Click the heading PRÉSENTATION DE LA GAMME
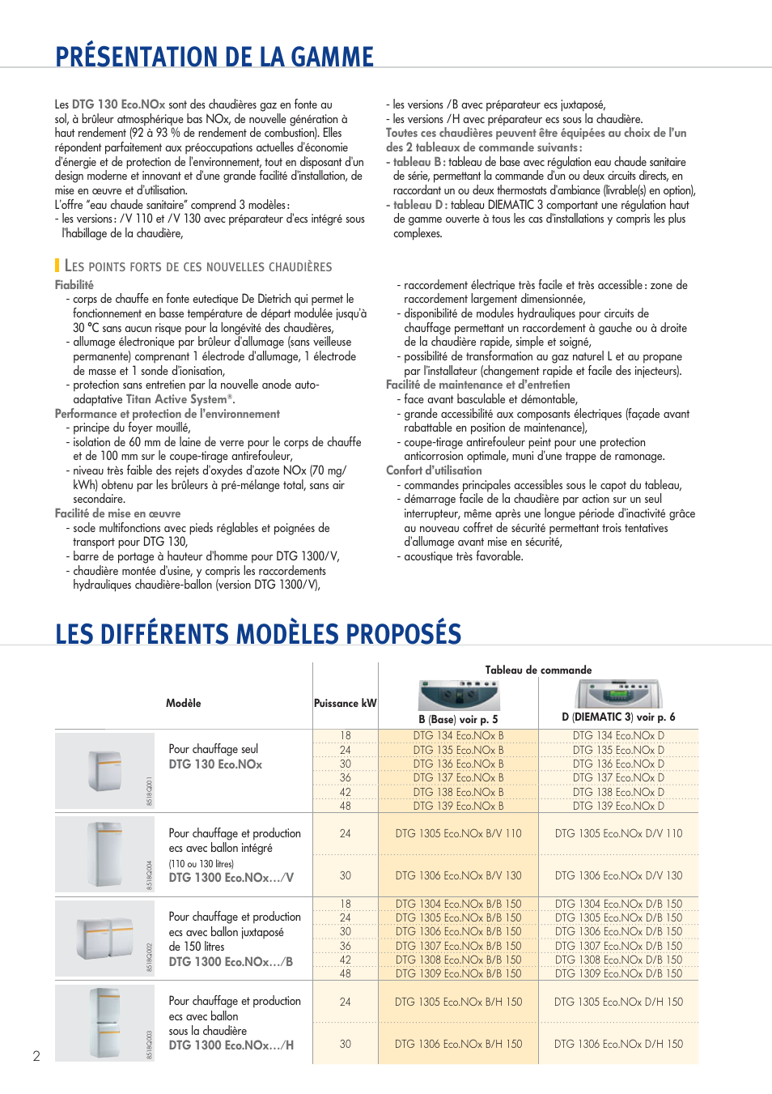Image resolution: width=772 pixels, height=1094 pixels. pyautogui.click(x=214, y=57)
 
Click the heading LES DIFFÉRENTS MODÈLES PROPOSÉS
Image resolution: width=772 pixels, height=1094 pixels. pyautogui.click(x=258, y=633)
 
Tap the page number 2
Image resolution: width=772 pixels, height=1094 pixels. pyautogui.click(x=36, y=1056)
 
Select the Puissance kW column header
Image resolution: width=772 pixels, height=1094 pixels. pyautogui.click(x=346, y=703)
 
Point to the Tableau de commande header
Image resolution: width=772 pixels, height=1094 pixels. pyautogui.click(x=538, y=670)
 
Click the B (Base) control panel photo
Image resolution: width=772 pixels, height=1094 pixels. pyautogui.click(x=459, y=695)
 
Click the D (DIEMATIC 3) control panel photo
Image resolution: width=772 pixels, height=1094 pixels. pyautogui.click(x=619, y=694)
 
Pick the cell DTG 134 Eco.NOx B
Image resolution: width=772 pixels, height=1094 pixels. pyautogui.click(x=458, y=736)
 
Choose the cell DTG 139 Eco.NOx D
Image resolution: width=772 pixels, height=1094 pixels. pyautogui.click(x=618, y=806)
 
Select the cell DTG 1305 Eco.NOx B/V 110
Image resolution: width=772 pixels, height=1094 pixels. pyautogui.click(x=458, y=833)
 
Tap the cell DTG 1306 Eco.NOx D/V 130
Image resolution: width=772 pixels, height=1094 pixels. pyautogui.click(x=618, y=875)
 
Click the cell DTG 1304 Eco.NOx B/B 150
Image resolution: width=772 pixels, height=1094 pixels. pyautogui.click(x=458, y=904)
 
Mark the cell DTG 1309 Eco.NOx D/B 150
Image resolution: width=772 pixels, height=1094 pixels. pyautogui.click(x=618, y=973)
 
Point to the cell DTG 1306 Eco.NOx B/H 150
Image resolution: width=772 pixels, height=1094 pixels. pyautogui.click(x=458, y=1044)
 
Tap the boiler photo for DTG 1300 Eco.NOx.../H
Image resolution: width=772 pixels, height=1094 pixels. pyautogui.click(x=105, y=1022)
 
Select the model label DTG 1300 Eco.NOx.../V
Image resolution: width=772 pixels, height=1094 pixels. pyautogui.click(x=231, y=878)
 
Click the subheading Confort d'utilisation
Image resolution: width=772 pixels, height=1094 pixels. pyautogui.click(x=434, y=470)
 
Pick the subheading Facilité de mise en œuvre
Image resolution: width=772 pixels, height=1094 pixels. pyautogui.click(x=118, y=513)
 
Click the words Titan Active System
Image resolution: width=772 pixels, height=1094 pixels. pyautogui.click(x=176, y=399)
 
